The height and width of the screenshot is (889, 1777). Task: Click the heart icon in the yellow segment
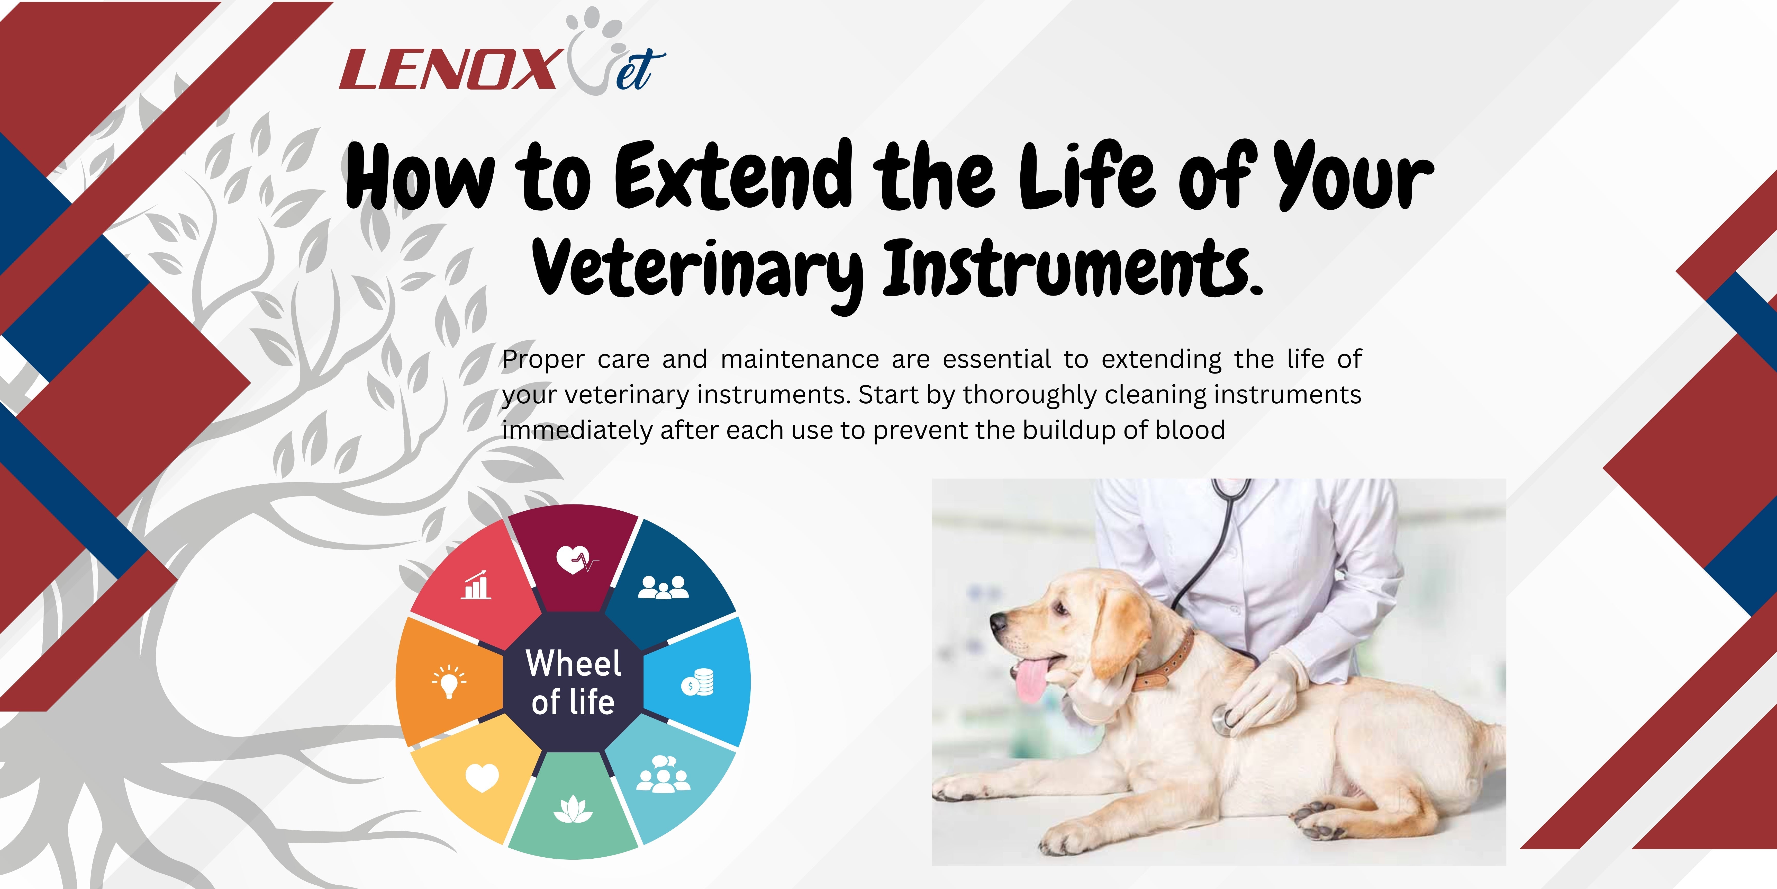tap(482, 778)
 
